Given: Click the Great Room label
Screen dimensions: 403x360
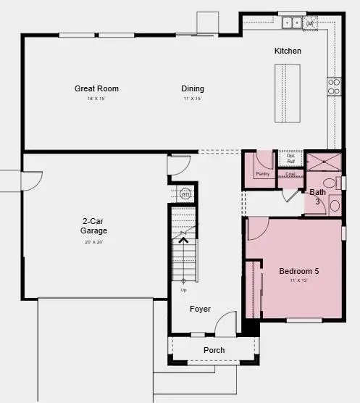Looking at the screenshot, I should tap(96, 89).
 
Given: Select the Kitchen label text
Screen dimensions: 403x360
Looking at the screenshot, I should tap(288, 51).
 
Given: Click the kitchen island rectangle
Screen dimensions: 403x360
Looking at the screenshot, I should tap(288, 94).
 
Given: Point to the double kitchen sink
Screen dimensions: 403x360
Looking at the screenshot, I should tap(293, 22).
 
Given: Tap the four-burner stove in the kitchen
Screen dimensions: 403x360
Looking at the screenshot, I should tap(334, 87).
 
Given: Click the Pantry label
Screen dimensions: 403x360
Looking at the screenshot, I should tap(262, 174).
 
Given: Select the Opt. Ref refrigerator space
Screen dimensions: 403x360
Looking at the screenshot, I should tap(290, 159).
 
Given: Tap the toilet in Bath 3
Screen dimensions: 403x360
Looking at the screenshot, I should tap(329, 183).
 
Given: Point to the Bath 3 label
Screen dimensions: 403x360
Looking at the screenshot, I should tap(317, 196).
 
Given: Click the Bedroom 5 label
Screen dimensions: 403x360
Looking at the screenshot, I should tap(299, 272).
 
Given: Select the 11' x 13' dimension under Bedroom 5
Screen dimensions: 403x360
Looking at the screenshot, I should tap(299, 281).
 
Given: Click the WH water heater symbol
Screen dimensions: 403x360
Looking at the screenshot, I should tap(184, 194).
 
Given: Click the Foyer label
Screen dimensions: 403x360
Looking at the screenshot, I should tap(200, 309).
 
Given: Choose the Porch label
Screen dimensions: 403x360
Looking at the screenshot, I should tap(214, 350).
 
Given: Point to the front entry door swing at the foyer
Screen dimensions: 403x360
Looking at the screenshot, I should tap(227, 323).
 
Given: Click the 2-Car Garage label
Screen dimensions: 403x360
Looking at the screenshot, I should tap(93, 226).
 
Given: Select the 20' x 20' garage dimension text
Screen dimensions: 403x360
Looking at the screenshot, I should tap(93, 242).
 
